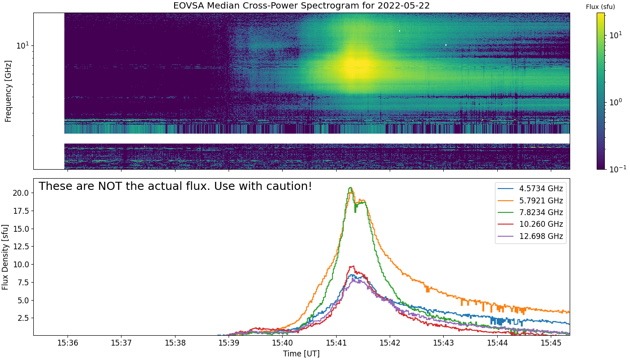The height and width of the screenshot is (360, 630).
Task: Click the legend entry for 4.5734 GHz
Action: click(x=531, y=189)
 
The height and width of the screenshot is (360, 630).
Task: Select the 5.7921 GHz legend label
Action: click(x=531, y=201)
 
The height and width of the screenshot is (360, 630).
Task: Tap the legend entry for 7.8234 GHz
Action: click(x=531, y=212)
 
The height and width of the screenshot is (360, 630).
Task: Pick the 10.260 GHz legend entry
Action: click(x=531, y=224)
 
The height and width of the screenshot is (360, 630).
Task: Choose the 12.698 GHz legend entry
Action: click(x=531, y=236)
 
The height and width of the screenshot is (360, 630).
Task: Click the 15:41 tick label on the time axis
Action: click(x=336, y=343)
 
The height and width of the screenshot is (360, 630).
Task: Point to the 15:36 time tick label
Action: click(x=67, y=343)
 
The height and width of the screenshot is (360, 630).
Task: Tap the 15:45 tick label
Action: click(x=551, y=343)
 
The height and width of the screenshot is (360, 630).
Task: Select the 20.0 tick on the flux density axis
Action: click(x=21, y=193)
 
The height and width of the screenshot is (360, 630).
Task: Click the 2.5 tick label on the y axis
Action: click(x=23, y=318)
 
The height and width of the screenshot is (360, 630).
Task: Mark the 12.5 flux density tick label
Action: click(x=21, y=247)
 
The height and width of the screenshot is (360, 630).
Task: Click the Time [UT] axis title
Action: click(x=301, y=354)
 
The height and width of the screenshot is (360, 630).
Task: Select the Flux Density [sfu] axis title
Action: click(x=5, y=257)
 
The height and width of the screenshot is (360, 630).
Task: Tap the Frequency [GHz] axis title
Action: click(x=8, y=91)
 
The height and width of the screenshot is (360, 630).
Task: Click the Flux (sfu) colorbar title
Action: click(x=600, y=7)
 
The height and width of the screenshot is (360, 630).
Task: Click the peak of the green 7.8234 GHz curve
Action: click(x=351, y=187)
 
